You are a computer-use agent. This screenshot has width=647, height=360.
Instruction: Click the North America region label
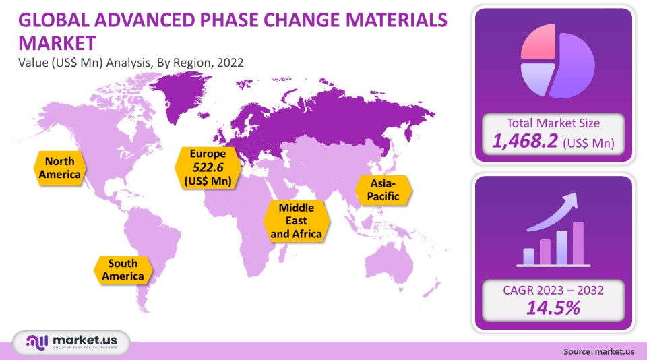coord(60,168)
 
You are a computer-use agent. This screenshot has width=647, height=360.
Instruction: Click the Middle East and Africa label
coord(297,220)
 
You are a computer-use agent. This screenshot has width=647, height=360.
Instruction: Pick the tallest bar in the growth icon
coord(578,243)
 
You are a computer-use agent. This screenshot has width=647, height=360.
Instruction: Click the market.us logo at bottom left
coord(70,343)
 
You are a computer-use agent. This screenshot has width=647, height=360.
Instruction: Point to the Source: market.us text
coord(598,351)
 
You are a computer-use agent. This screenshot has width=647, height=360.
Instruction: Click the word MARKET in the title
coord(57,44)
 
